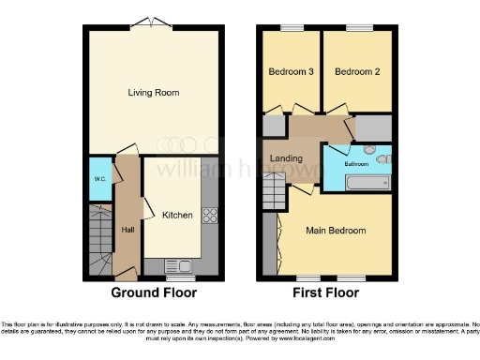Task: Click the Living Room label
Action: point(154,93)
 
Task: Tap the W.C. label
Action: point(98,178)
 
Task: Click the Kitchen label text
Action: point(177,215)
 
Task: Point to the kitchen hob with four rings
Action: point(210,216)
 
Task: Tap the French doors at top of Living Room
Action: point(154,23)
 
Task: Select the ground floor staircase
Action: point(99,243)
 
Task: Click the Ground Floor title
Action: point(154,292)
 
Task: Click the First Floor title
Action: point(326,292)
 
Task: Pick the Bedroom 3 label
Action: point(291,71)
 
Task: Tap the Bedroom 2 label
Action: point(355,71)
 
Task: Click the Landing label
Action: point(286,158)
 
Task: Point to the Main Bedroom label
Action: point(335,229)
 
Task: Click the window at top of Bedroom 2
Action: point(356,26)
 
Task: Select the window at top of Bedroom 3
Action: point(291,26)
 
